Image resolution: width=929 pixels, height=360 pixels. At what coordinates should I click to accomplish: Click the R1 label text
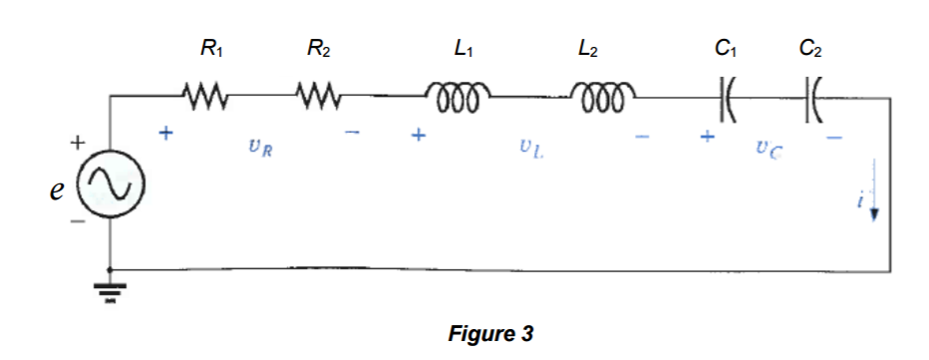210,47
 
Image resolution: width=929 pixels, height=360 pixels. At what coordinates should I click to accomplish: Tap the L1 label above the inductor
462,47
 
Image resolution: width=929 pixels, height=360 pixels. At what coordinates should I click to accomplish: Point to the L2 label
588,47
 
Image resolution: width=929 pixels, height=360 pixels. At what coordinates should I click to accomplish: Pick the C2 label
810,47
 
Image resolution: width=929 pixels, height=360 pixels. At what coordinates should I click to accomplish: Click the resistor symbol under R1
208,98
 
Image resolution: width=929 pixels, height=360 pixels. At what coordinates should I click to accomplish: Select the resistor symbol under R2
319,98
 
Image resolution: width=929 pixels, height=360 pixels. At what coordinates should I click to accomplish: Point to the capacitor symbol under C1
727,98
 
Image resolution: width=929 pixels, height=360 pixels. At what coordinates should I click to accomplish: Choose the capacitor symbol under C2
810,98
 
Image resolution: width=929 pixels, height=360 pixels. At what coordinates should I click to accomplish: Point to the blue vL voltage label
529,150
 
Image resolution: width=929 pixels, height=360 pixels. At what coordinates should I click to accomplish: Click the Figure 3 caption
492,333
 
